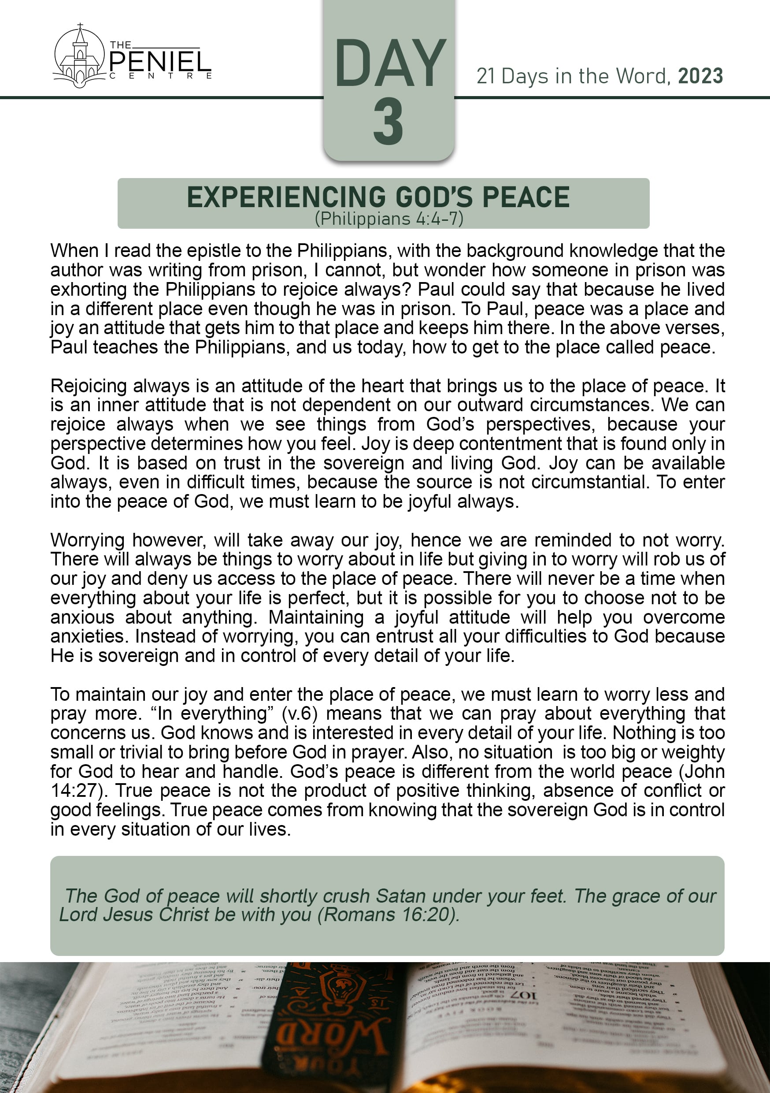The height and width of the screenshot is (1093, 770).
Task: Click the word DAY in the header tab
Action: [x=390, y=64]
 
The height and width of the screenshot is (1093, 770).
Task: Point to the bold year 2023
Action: [x=700, y=76]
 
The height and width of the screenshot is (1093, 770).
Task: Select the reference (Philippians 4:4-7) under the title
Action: [x=389, y=219]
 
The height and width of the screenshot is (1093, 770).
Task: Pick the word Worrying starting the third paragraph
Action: [x=87, y=540]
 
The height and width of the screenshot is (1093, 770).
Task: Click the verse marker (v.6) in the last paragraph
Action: [x=299, y=714]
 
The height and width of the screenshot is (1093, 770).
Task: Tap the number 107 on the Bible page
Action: [x=523, y=996]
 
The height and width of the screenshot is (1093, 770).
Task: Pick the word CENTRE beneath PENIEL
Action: [x=160, y=76]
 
